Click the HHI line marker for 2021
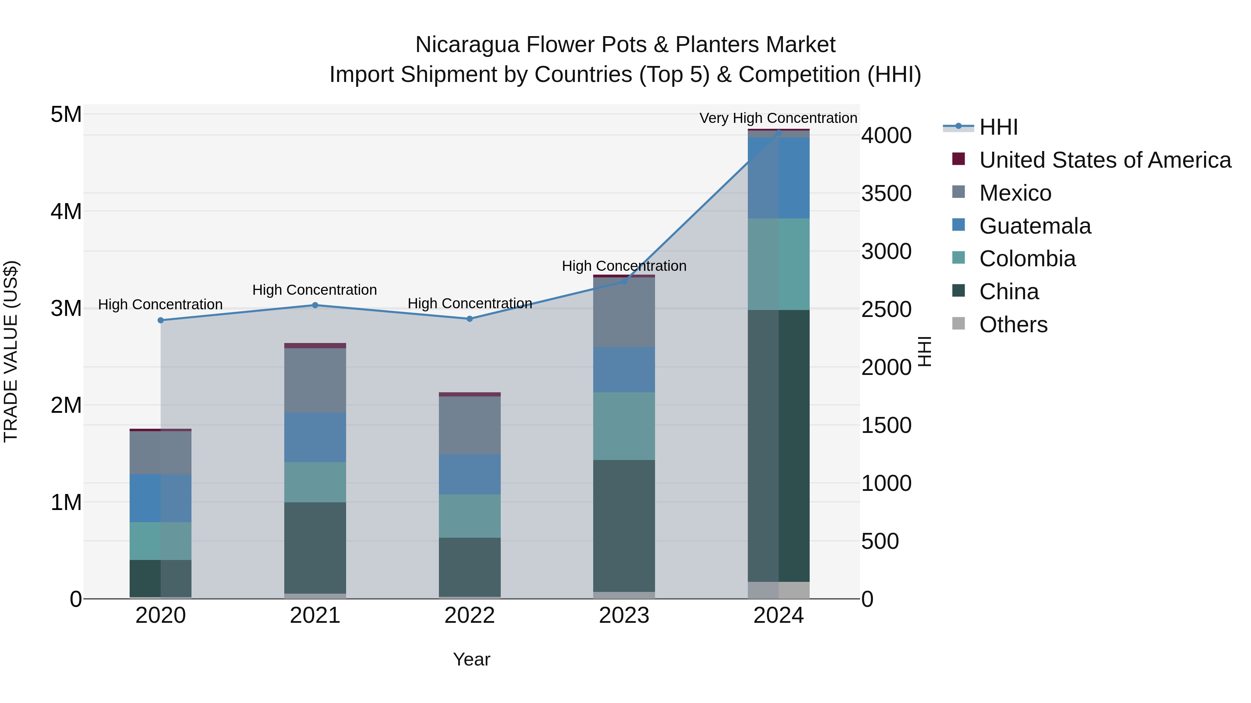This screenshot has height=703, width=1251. pyautogui.click(x=315, y=305)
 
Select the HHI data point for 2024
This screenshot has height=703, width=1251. pyautogui.click(x=779, y=132)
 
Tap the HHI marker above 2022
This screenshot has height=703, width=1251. pyautogui.click(x=469, y=319)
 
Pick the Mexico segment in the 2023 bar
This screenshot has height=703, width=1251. pyautogui.click(x=624, y=312)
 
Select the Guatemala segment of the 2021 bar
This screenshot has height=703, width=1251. pyautogui.click(x=315, y=437)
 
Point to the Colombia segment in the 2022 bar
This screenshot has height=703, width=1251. pyautogui.click(x=469, y=516)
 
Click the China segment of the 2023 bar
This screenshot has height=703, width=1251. pyautogui.click(x=624, y=526)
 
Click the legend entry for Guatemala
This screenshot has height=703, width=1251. pyautogui.click(x=1035, y=226)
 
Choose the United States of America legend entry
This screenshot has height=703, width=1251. pyautogui.click(x=1105, y=160)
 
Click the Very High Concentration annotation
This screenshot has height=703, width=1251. pyautogui.click(x=778, y=118)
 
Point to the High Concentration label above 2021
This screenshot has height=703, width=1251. pyautogui.click(x=315, y=290)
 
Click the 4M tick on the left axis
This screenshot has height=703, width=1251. pyautogui.click(x=66, y=211)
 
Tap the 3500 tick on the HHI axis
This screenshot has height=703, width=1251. pyautogui.click(x=886, y=193)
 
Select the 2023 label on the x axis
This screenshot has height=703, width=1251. pyautogui.click(x=624, y=616)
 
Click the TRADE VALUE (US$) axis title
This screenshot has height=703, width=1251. pyautogui.click(x=11, y=351)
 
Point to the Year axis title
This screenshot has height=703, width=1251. pyautogui.click(x=472, y=659)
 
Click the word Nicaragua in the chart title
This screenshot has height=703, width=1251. pyautogui.click(x=467, y=45)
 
